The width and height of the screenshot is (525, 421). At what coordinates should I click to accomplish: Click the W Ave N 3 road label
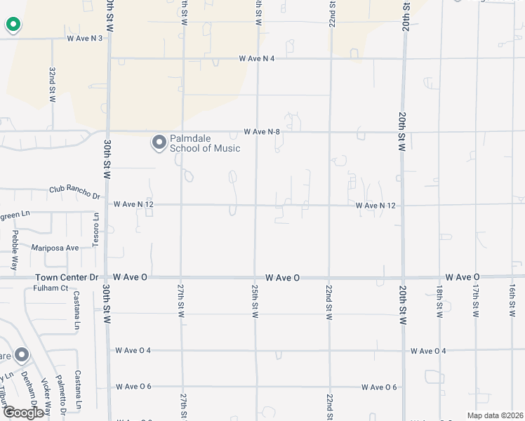85,38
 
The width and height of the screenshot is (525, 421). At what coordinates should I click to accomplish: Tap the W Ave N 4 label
256,58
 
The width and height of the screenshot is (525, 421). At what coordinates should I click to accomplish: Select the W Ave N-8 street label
262,131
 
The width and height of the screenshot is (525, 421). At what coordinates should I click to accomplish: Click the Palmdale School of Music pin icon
159,143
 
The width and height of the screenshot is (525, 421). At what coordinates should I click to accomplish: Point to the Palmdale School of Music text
204,143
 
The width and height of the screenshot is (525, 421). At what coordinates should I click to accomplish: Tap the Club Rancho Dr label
74,190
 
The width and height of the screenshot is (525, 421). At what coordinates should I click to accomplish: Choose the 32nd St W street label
52,86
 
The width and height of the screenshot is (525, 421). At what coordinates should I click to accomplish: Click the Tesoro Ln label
96,229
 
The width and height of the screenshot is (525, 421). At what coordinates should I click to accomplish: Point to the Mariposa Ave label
55,248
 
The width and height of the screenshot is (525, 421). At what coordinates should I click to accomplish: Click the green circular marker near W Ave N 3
13,25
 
